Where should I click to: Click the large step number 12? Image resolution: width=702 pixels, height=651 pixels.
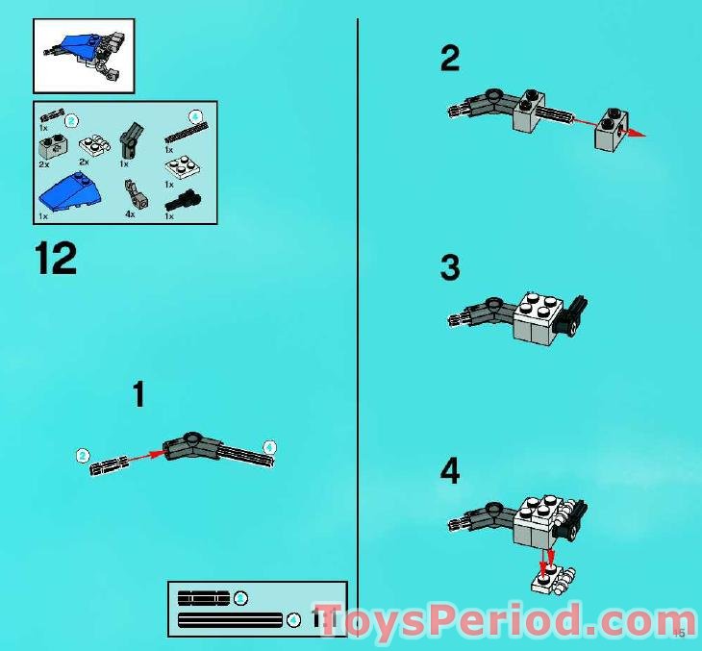pos(56,259)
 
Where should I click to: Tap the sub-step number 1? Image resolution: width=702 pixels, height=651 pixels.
pos(138,394)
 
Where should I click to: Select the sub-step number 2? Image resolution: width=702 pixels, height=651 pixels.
pos(449,59)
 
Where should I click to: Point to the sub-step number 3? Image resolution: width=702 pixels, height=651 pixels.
pos(449,267)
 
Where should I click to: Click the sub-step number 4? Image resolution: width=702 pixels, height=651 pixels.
pos(449,472)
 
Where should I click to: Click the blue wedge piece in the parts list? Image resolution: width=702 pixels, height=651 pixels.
pos(69,193)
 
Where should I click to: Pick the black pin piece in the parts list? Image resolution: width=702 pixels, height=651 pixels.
pos(181,202)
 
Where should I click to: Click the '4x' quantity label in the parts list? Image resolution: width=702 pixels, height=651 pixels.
pos(130,215)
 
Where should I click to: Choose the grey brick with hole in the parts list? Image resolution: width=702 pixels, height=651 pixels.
pos(50,146)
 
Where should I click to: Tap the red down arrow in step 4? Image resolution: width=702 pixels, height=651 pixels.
pos(549,558)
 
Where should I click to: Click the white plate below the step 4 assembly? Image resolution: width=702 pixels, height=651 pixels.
pos(553,580)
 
